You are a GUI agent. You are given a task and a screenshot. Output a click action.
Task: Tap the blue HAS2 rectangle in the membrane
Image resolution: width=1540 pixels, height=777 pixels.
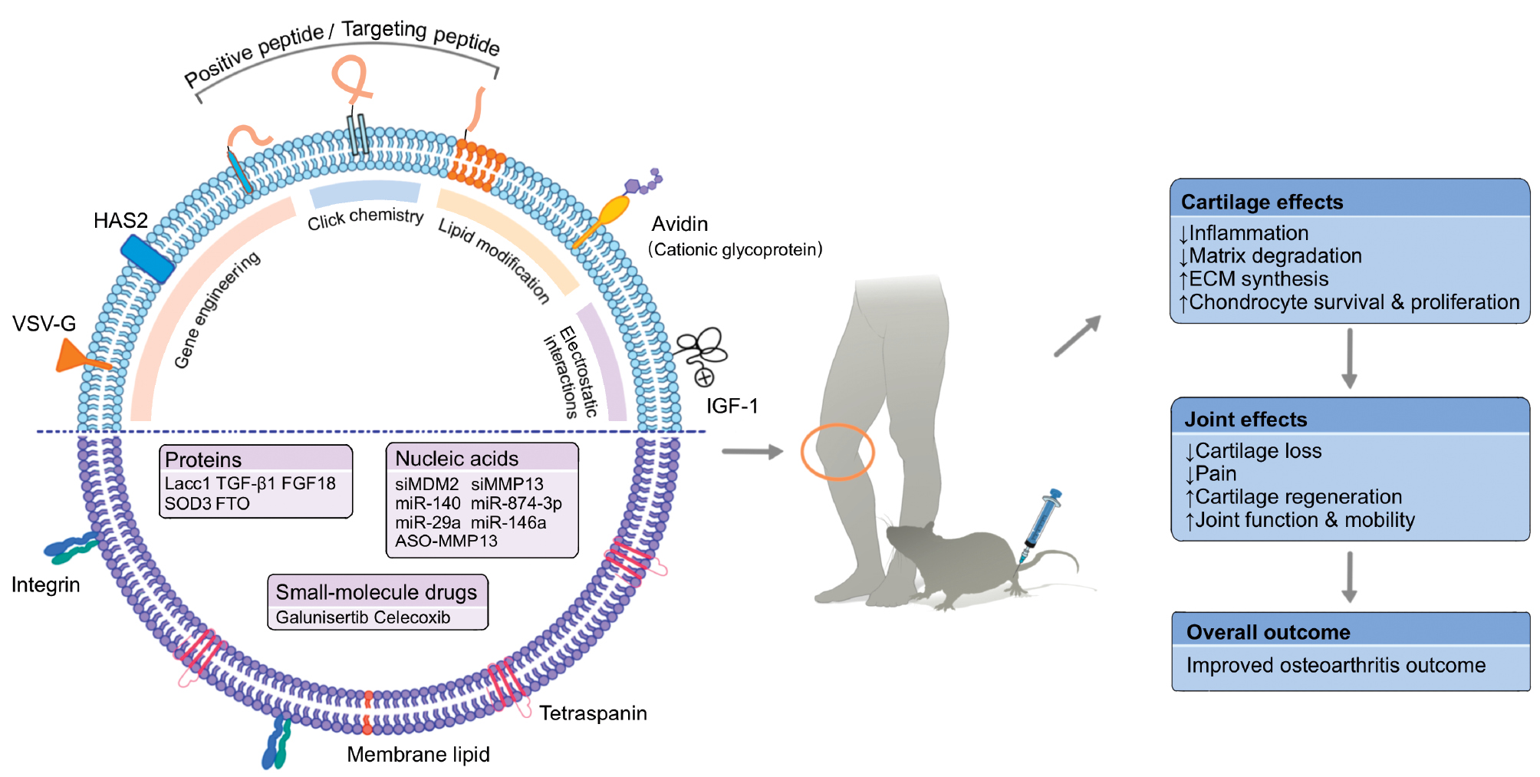click(x=147, y=258)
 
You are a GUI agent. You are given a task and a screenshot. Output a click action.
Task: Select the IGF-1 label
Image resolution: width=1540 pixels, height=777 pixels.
click(x=732, y=406)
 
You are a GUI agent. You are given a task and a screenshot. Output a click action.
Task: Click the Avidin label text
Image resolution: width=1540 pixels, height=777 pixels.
click(x=680, y=224)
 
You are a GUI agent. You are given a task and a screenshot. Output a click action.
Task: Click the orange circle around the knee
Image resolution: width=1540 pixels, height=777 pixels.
click(x=837, y=452)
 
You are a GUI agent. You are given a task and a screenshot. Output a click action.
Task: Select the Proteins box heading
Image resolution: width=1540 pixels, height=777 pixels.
click(x=203, y=459)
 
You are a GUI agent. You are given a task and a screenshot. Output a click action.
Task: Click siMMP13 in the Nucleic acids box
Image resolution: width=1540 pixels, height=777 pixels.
click(x=507, y=484)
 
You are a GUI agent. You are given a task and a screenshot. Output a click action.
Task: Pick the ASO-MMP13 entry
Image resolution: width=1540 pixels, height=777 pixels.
click(x=446, y=541)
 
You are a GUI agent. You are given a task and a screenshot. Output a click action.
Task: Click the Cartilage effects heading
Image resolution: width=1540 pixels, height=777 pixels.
click(x=1262, y=202)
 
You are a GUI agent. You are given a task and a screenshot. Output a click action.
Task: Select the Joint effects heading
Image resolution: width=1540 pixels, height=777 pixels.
click(x=1245, y=420)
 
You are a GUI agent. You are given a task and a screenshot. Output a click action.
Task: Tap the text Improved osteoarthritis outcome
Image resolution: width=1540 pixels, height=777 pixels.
click(x=1335, y=665)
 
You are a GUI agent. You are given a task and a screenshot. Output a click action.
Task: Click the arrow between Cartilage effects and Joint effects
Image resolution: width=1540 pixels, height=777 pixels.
click(x=1349, y=358)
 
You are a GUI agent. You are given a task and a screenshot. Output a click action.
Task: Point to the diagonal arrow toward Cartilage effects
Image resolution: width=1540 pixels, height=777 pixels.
click(x=1078, y=336)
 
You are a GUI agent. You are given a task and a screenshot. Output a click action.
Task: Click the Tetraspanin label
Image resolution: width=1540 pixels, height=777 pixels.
click(x=593, y=713)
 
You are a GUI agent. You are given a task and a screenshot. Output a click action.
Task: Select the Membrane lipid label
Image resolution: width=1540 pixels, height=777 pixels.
click(x=418, y=755)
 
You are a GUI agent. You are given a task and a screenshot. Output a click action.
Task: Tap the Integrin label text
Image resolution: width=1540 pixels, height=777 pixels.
click(x=46, y=585)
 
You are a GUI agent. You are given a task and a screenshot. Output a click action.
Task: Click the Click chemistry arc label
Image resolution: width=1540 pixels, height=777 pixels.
click(x=365, y=218)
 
